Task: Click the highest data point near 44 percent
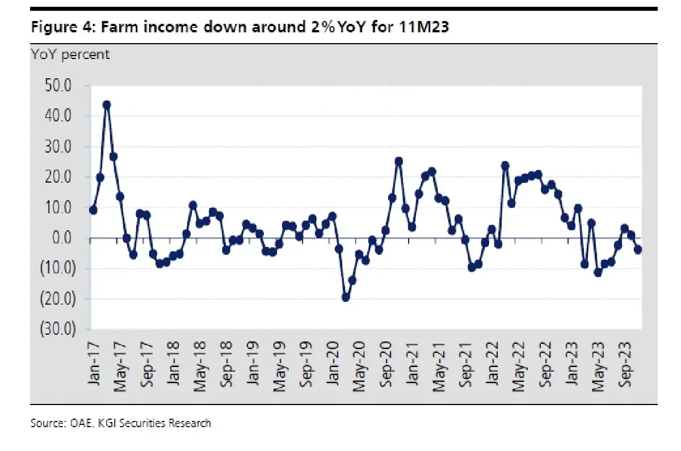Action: pyautogui.click(x=107, y=105)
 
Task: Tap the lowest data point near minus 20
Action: pyautogui.click(x=346, y=297)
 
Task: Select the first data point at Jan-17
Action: pyautogui.click(x=93, y=210)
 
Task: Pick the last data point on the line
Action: pyautogui.click(x=638, y=250)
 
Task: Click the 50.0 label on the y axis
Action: pyautogui.click(x=58, y=86)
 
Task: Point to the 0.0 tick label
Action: pyautogui.click(x=62, y=238)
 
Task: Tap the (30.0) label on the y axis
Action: pyautogui.click(x=58, y=329)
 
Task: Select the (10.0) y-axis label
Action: pyautogui.click(x=58, y=268)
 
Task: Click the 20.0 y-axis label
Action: pyautogui.click(x=58, y=177)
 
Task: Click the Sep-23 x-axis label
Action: pyautogui.click(x=625, y=364)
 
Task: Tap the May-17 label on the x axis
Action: pyautogui.click(x=120, y=366)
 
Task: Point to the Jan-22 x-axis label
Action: pyautogui.click(x=492, y=364)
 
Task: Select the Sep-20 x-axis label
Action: pyautogui.click(x=386, y=364)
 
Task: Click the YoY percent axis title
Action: pyautogui.click(x=70, y=55)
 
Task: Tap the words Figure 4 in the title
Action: pyautogui.click(x=63, y=27)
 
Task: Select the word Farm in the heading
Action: pyautogui.click(x=119, y=27)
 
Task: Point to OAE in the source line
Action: pyautogui.click(x=81, y=423)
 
